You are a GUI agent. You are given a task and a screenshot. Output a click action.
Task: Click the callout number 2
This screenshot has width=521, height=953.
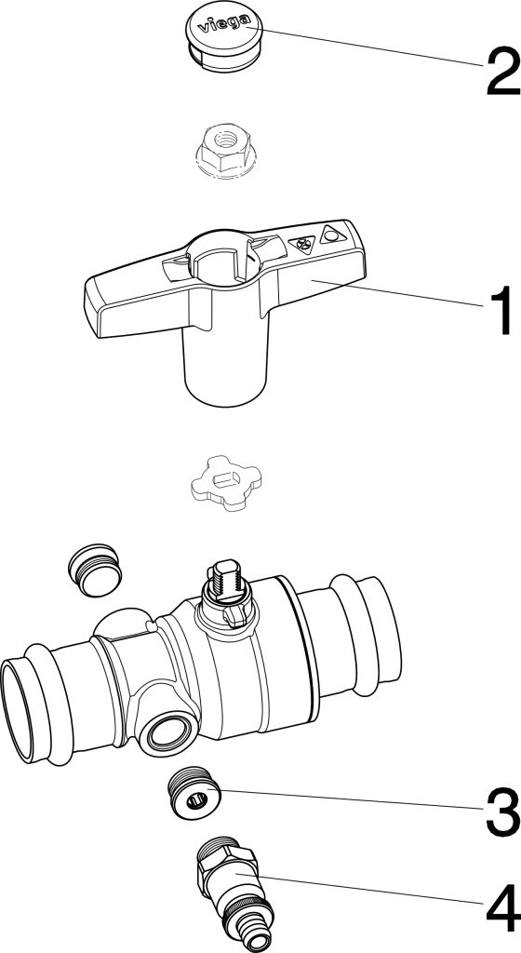point(502,72)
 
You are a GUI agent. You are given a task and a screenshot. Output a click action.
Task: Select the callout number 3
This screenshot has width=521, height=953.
point(502,811)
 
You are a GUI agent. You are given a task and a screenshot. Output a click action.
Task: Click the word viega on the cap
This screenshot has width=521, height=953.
point(225,25)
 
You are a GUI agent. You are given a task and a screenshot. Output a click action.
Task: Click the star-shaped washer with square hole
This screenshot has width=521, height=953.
point(226,483)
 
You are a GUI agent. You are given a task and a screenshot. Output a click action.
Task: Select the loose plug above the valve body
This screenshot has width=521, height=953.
point(94,570)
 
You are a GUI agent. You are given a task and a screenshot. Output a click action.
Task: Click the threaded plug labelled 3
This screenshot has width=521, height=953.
point(193,793)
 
